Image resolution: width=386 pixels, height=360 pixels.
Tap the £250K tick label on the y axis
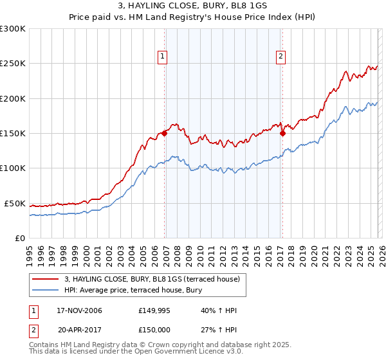(13, 64)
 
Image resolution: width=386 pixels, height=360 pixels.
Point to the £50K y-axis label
(15, 203)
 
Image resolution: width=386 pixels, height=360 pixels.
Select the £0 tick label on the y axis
(21, 238)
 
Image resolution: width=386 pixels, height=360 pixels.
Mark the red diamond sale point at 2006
(165, 134)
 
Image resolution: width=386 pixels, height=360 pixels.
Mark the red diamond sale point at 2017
(282, 134)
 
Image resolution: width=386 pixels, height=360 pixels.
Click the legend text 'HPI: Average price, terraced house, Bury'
(133, 291)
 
